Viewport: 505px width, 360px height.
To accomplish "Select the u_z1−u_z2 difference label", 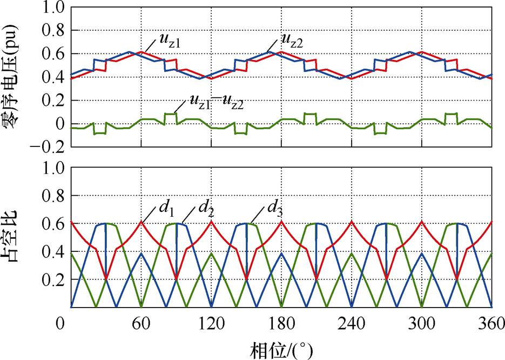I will (x=216, y=102).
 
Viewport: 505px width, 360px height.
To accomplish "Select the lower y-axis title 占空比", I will (x=12, y=238).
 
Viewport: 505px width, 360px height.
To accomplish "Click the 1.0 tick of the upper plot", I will (x=53, y=9).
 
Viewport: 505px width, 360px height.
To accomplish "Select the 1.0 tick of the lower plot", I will (x=53, y=168).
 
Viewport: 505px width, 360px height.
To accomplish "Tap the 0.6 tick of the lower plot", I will (x=53, y=224).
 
